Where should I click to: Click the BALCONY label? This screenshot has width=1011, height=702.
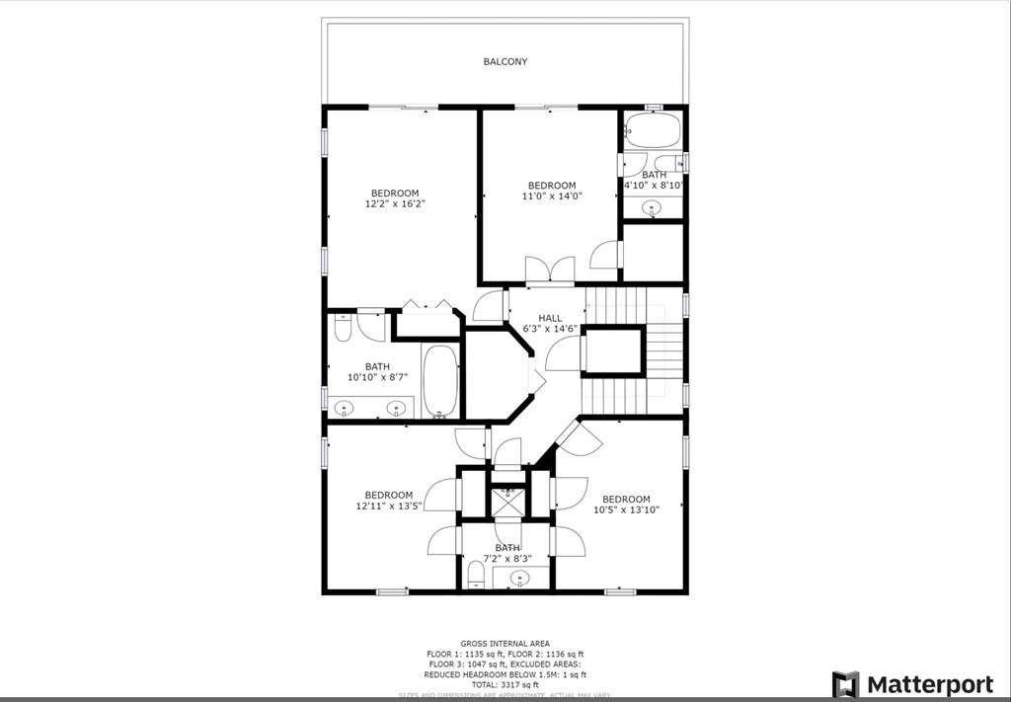click(x=505, y=61)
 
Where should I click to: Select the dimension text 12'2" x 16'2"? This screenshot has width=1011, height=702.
click(x=395, y=204)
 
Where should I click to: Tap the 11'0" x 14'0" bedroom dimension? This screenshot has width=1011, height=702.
click(x=552, y=196)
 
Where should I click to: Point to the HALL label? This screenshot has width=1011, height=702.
click(x=550, y=318)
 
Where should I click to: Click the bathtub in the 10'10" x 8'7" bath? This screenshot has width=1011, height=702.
click(x=440, y=382)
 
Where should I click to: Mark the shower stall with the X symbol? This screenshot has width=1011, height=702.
click(x=507, y=503)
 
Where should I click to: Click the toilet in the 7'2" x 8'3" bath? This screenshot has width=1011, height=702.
click(x=475, y=575)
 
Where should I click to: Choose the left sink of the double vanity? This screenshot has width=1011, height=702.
click(x=345, y=407)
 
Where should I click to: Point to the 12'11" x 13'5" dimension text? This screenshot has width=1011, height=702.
click(x=388, y=507)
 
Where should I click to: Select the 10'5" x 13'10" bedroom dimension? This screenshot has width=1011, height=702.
click(x=626, y=510)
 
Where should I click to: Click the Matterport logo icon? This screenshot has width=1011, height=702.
click(x=845, y=684)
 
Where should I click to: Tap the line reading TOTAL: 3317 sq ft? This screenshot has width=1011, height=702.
click(x=505, y=685)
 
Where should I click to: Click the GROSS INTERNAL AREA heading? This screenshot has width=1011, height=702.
click(x=505, y=644)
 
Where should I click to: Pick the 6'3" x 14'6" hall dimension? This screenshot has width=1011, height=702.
click(x=550, y=329)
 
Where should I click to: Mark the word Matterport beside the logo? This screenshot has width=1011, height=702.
click(x=930, y=684)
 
